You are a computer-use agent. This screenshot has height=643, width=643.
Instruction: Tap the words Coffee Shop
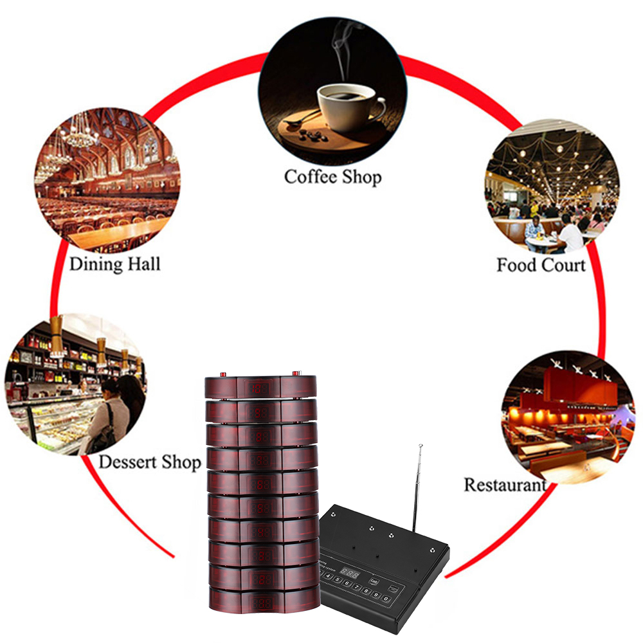click(x=332, y=176)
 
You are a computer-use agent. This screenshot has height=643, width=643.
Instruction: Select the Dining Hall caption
click(x=114, y=264)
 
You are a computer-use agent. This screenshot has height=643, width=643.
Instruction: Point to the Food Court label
click(x=541, y=265)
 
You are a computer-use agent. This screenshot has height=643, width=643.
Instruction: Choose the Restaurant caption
click(x=505, y=484)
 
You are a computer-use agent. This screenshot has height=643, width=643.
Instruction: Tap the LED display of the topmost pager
click(x=260, y=388)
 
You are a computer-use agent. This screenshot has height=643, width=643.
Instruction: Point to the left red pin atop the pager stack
click(x=222, y=374)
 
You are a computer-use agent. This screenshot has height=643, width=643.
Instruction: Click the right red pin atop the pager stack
click(x=296, y=373)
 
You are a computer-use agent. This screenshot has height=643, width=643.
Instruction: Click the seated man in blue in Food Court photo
click(x=534, y=229)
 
